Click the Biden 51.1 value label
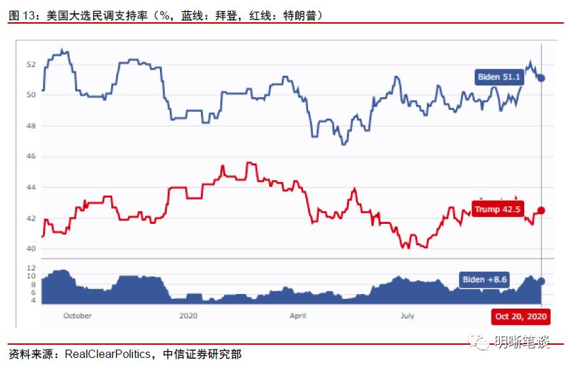pyautogui.click(x=498, y=77)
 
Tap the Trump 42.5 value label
pyautogui.click(x=497, y=209)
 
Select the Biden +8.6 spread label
pyautogui.click(x=485, y=280)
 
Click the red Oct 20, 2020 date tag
pyautogui.click(x=521, y=316)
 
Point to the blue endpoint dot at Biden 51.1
pyautogui.click(x=542, y=78)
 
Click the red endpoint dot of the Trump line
pyautogui.click(x=542, y=210)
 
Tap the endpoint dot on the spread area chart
pyautogui.click(x=542, y=281)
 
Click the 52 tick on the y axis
pyautogui.click(x=31, y=64)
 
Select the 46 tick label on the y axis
pyautogui.click(x=31, y=156)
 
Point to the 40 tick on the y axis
pyautogui.click(x=31, y=249)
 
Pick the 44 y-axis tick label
pyautogui.click(x=31, y=188)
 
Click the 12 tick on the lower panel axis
pyautogui.click(x=31, y=268)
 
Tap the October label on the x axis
pyautogui.click(x=77, y=316)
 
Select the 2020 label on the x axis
pyautogui.click(x=189, y=316)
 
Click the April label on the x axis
pyautogui.click(x=298, y=316)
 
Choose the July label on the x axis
pyautogui.click(x=407, y=316)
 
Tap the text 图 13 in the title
pyautogui.click(x=22, y=15)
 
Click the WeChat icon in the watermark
pyautogui.click(x=478, y=342)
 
